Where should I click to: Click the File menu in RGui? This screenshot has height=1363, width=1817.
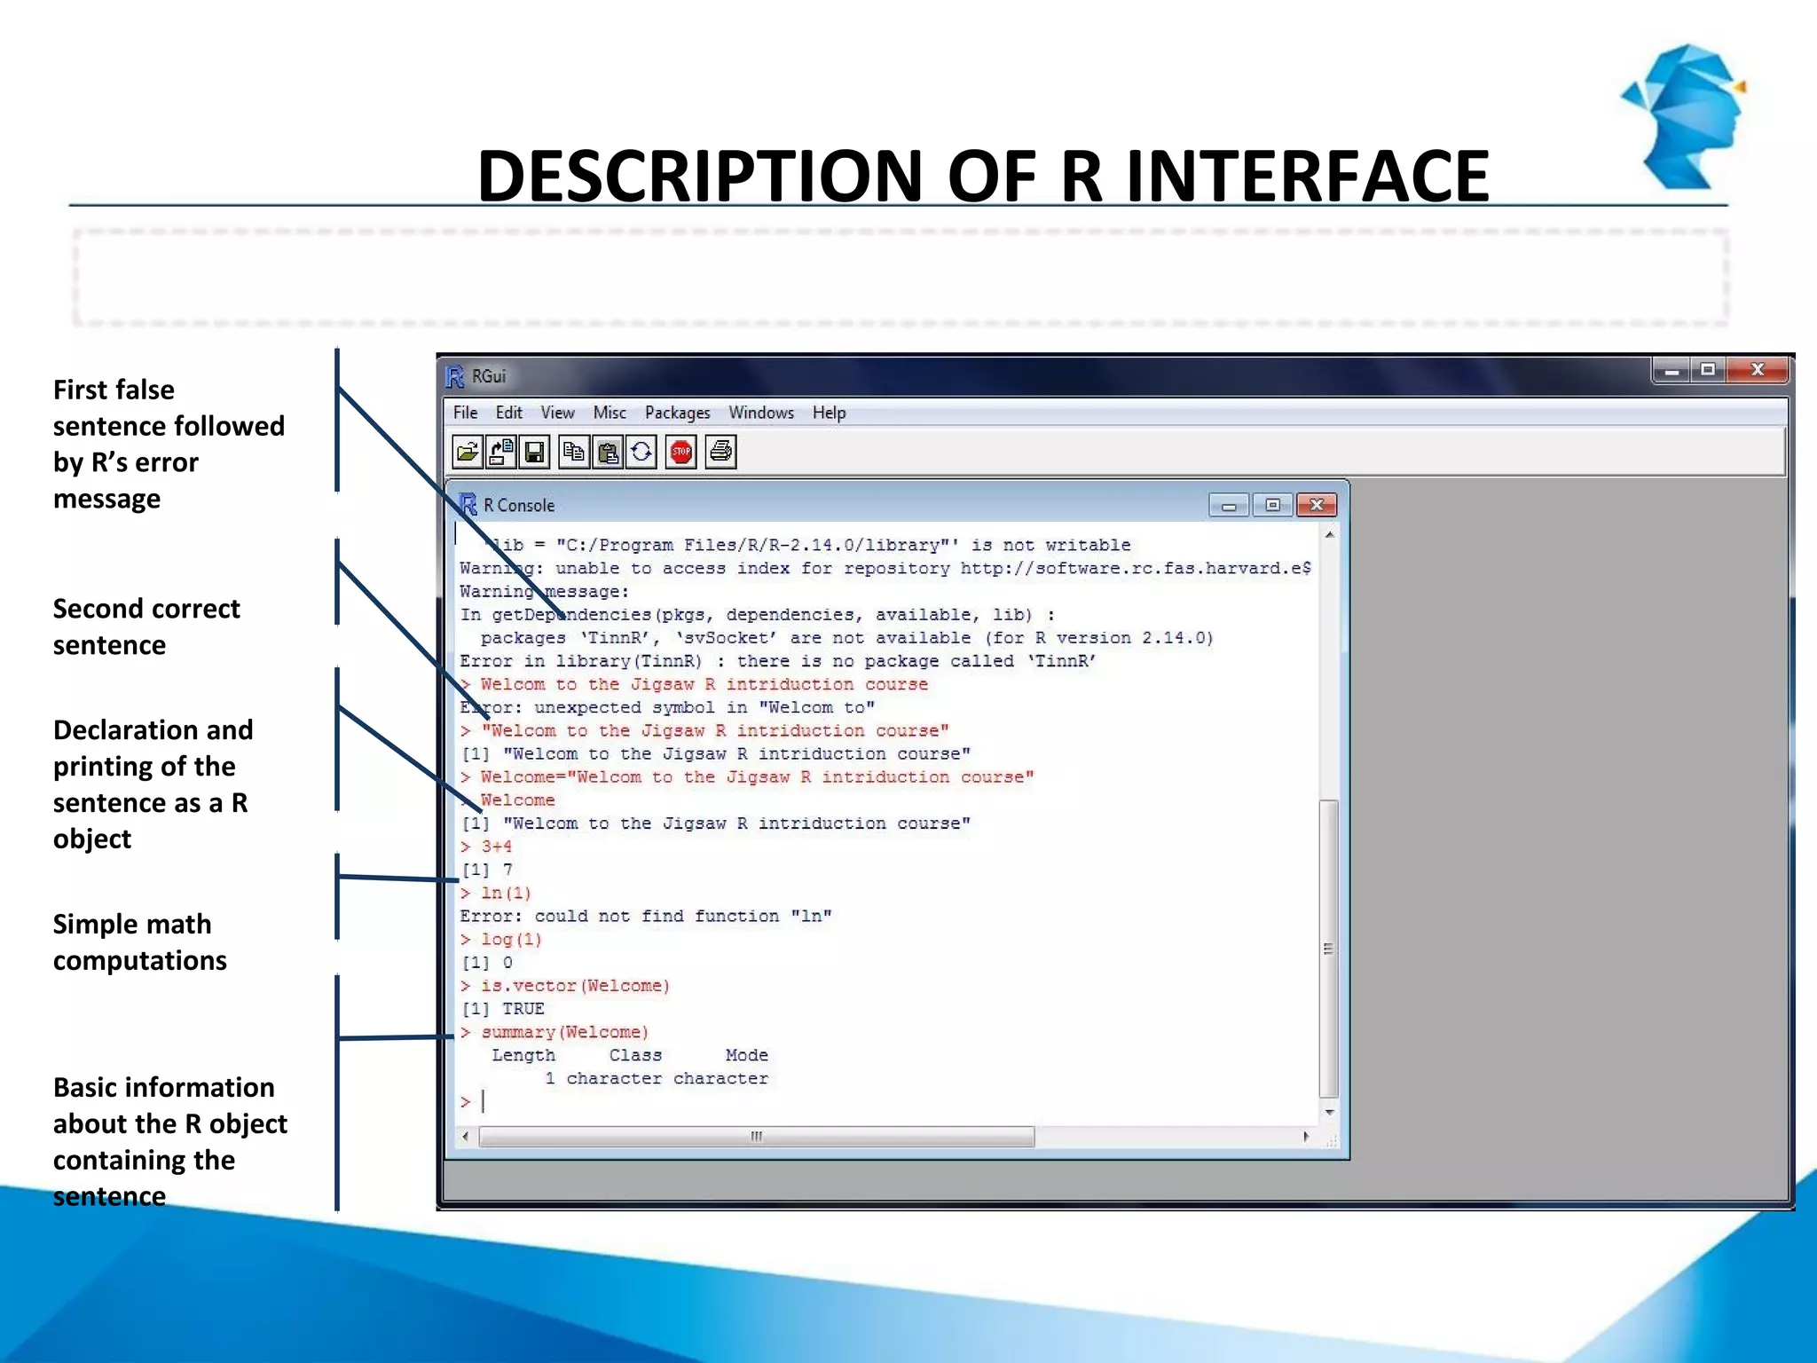(465, 413)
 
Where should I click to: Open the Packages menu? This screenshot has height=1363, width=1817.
(677, 413)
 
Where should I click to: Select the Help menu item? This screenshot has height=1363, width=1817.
(829, 413)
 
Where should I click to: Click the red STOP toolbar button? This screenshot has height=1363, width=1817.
(680, 453)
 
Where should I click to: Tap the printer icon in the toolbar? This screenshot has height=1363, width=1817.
(721, 453)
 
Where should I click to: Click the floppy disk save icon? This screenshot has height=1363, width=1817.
(534, 453)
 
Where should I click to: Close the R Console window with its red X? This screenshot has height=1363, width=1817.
(1317, 505)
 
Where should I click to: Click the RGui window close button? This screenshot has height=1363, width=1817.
(1758, 370)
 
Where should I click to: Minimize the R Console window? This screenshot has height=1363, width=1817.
(1229, 506)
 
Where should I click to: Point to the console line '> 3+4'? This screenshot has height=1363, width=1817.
(496, 847)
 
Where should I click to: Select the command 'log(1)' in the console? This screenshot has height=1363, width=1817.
(511, 940)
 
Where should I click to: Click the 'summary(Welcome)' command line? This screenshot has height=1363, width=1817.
(564, 1032)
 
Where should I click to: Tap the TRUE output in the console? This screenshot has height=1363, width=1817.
(523, 1009)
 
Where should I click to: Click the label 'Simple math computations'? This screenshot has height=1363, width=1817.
(139, 942)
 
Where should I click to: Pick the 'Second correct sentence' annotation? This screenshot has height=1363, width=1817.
(146, 626)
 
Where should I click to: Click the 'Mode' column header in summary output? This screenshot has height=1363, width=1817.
(746, 1055)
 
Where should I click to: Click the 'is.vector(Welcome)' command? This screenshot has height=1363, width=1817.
(575, 986)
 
